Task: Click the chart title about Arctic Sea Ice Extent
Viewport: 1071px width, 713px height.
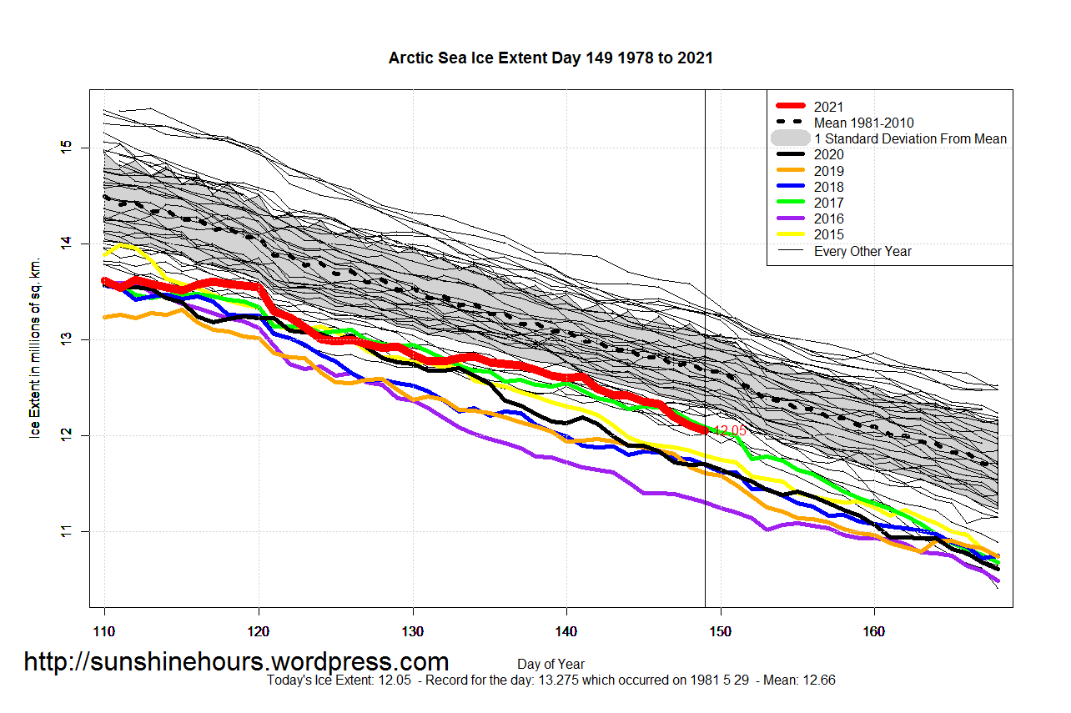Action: tap(551, 58)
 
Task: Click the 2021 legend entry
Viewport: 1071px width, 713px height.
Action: tap(829, 107)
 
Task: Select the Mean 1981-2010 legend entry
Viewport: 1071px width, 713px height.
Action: tap(863, 123)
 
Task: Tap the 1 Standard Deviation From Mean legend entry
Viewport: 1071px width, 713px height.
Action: tap(910, 138)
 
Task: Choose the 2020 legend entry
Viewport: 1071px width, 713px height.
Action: tap(829, 154)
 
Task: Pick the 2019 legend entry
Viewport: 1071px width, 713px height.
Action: tap(829, 171)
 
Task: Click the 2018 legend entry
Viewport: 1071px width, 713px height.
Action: tap(829, 187)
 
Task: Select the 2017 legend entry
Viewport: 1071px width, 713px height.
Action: tap(829, 203)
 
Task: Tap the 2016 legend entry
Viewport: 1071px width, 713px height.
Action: tap(829, 218)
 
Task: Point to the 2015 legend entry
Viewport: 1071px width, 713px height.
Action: tap(829, 234)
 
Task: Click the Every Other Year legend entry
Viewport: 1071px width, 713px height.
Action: tap(862, 251)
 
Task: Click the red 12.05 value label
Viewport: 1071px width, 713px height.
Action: tap(730, 430)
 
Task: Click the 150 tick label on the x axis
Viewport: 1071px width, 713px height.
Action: tap(720, 631)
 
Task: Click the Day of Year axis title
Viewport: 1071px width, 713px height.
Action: tap(551, 665)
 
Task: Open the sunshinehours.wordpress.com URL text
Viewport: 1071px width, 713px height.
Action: tap(236, 662)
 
